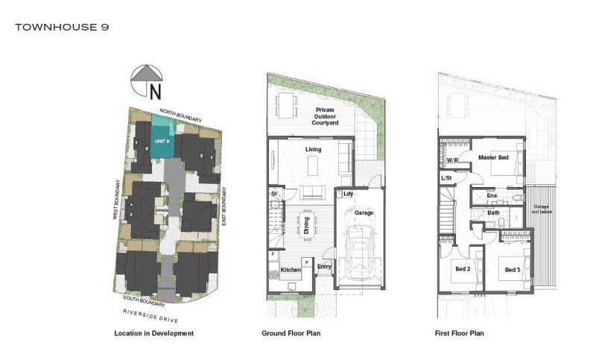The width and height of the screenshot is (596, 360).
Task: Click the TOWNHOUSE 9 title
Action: [63, 27]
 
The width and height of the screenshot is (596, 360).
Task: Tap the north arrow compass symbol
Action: [148, 81]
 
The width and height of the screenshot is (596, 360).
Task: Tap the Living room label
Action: [314, 150]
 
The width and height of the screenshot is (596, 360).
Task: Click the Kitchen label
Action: [291, 270]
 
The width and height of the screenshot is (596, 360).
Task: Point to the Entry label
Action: [324, 267]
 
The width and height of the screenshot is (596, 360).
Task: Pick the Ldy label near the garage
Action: [348, 195]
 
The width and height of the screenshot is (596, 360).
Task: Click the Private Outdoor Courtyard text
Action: [324, 116]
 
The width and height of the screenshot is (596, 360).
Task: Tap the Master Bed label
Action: [493, 158]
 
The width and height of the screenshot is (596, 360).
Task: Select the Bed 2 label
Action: [463, 269]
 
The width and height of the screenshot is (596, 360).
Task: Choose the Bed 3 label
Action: [513, 269]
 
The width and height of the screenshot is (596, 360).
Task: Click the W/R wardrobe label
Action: [452, 160]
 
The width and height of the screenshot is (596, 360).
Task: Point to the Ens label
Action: [492, 196]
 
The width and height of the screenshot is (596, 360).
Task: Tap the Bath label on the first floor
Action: [493, 212]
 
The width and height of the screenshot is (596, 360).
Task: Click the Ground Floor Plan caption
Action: [291, 333]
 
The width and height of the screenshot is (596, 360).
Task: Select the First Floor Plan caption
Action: [459, 333]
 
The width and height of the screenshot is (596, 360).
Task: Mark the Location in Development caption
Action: [153, 333]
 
